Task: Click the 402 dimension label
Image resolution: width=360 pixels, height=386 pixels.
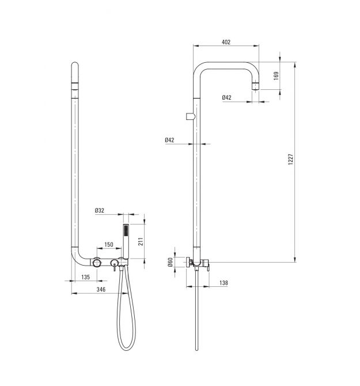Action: click(226, 42)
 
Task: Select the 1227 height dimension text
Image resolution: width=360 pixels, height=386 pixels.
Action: click(291, 159)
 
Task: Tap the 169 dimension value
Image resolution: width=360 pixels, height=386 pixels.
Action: click(276, 75)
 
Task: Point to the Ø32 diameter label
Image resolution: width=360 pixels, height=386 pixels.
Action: click(100, 210)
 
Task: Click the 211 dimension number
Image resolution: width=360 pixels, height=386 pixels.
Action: click(141, 241)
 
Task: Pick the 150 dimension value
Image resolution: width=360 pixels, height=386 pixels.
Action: click(109, 244)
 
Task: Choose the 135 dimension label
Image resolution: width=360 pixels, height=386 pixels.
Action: click(86, 277)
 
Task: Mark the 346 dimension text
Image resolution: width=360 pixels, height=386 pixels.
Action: click(101, 289)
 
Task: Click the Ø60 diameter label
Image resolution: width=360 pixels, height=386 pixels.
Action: click(170, 262)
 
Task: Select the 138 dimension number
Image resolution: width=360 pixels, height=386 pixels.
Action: click(223, 283)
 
